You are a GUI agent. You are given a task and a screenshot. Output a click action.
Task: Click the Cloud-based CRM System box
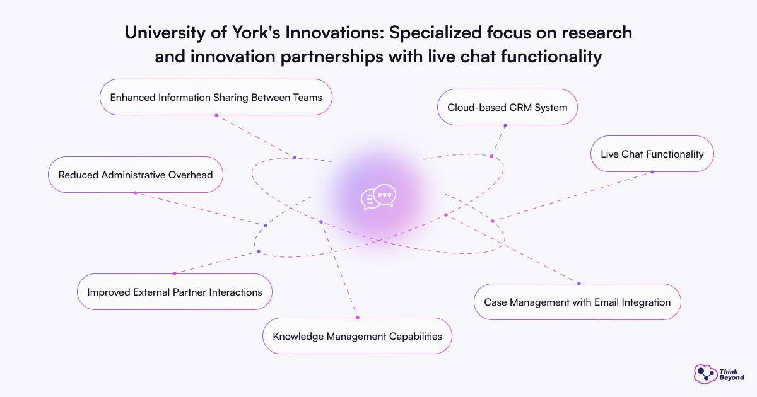[507, 107]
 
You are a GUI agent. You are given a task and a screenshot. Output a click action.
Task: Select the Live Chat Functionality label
[652, 154]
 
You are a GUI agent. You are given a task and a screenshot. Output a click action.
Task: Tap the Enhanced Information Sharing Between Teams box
[216, 97]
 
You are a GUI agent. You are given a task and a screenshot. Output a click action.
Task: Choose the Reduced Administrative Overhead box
[135, 175]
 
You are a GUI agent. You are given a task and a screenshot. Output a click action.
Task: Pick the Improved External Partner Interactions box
[174, 292]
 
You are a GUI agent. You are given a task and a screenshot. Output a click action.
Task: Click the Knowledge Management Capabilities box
[357, 336]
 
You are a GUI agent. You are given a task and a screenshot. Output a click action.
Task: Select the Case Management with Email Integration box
[577, 302]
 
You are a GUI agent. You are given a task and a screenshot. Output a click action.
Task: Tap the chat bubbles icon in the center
[378, 197]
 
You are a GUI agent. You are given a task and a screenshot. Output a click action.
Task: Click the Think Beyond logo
[719, 374]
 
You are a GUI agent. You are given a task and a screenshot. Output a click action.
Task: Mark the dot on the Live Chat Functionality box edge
[652, 172]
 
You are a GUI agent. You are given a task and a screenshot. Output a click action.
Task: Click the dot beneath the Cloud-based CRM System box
[505, 125]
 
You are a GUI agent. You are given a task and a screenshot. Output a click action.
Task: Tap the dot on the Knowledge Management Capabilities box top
[357, 318]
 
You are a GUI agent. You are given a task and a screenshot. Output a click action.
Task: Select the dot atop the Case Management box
[578, 284]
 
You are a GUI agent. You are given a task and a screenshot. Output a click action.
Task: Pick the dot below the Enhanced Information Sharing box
[216, 115]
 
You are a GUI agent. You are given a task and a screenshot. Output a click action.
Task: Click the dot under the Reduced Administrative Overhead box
[135, 193]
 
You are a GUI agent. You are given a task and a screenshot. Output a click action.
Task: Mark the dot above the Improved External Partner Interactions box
[174, 273]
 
